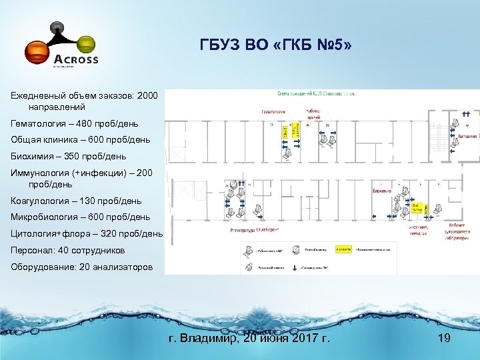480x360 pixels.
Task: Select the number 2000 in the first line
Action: tap(147, 96)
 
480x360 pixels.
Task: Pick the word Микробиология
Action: tap(43, 217)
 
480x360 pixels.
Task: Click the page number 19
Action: tap(444, 339)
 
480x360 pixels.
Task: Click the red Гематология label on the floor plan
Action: tap(273, 111)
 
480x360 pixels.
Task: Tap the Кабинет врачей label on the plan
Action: tap(313, 114)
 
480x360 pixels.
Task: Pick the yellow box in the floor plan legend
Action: tap(343, 249)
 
